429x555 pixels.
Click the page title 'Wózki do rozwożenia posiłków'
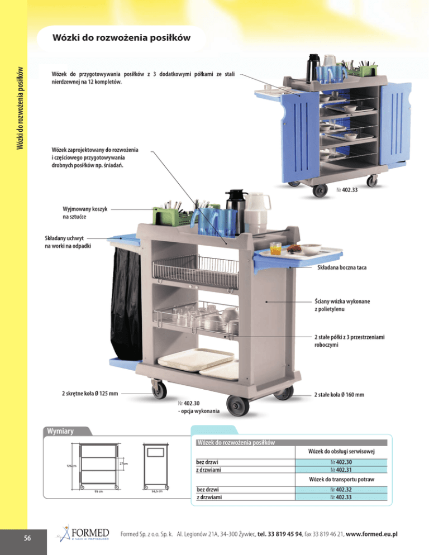coord(122,38)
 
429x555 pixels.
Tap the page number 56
coord(27,538)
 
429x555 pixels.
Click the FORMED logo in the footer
coord(84,533)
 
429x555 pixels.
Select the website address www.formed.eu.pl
coord(371,534)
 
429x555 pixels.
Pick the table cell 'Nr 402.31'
coord(341,470)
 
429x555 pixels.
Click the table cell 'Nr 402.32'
coord(341,490)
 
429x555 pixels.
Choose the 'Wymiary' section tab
coord(60,431)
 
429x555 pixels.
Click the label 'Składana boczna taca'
coord(342,267)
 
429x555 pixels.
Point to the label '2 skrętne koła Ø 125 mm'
coord(90,393)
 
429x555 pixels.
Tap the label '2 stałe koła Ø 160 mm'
coord(339,395)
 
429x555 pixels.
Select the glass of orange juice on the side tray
coord(275,248)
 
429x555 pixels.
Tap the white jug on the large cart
coord(257,212)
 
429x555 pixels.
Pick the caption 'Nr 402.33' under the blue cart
coord(347,190)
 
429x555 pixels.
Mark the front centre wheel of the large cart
coord(238,405)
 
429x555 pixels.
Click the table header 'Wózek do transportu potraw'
coord(341,480)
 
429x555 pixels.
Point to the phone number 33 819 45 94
coord(285,534)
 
